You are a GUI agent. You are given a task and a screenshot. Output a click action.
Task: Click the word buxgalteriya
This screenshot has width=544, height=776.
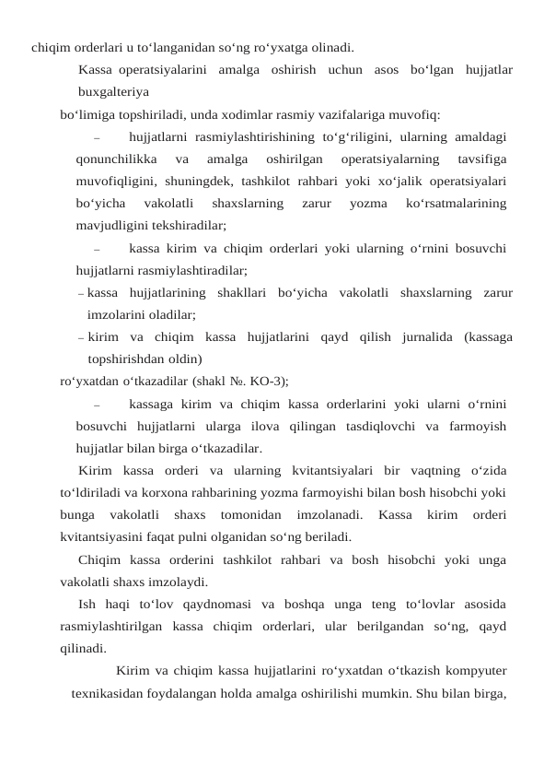point(115,92)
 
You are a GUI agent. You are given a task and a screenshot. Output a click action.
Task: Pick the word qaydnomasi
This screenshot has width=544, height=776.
point(204,605)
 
